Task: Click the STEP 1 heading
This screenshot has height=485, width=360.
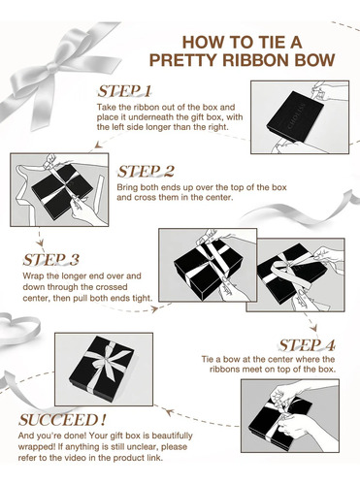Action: click(x=124, y=91)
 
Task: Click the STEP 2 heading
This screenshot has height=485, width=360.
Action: click(x=146, y=172)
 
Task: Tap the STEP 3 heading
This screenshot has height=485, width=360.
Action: click(x=51, y=260)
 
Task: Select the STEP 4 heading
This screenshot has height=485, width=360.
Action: click(x=307, y=345)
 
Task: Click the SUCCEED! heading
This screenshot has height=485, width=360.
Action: click(x=62, y=420)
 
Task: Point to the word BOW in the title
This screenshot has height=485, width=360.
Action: click(x=312, y=60)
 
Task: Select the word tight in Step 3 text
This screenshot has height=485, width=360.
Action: click(x=143, y=298)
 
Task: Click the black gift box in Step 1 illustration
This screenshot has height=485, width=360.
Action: click(x=295, y=116)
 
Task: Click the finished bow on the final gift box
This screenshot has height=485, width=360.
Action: click(x=110, y=361)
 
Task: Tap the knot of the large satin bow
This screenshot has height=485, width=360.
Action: click(x=51, y=67)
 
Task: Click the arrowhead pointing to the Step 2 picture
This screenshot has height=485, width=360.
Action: click(x=98, y=145)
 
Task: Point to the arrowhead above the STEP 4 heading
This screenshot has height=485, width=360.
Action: click(x=313, y=328)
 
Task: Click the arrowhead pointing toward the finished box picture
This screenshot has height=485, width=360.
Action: click(x=169, y=411)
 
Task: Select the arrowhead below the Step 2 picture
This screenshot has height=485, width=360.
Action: click(x=40, y=242)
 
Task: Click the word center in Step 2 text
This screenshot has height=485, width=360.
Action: click(x=221, y=197)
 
